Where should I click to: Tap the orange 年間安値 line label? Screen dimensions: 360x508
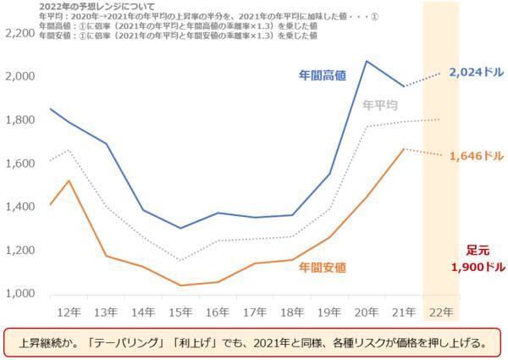coord(323,268)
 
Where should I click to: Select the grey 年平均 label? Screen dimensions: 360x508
coord(379,105)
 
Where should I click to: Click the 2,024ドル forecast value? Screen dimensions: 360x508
coord(477,73)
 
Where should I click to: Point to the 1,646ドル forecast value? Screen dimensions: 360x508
coord(477,156)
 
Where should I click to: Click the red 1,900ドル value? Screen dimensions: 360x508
coord(477,266)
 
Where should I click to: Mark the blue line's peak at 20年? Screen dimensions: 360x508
coord(366,61)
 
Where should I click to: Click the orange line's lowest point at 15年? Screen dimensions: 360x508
coord(179,285)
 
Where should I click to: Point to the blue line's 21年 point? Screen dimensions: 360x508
coord(404,86)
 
